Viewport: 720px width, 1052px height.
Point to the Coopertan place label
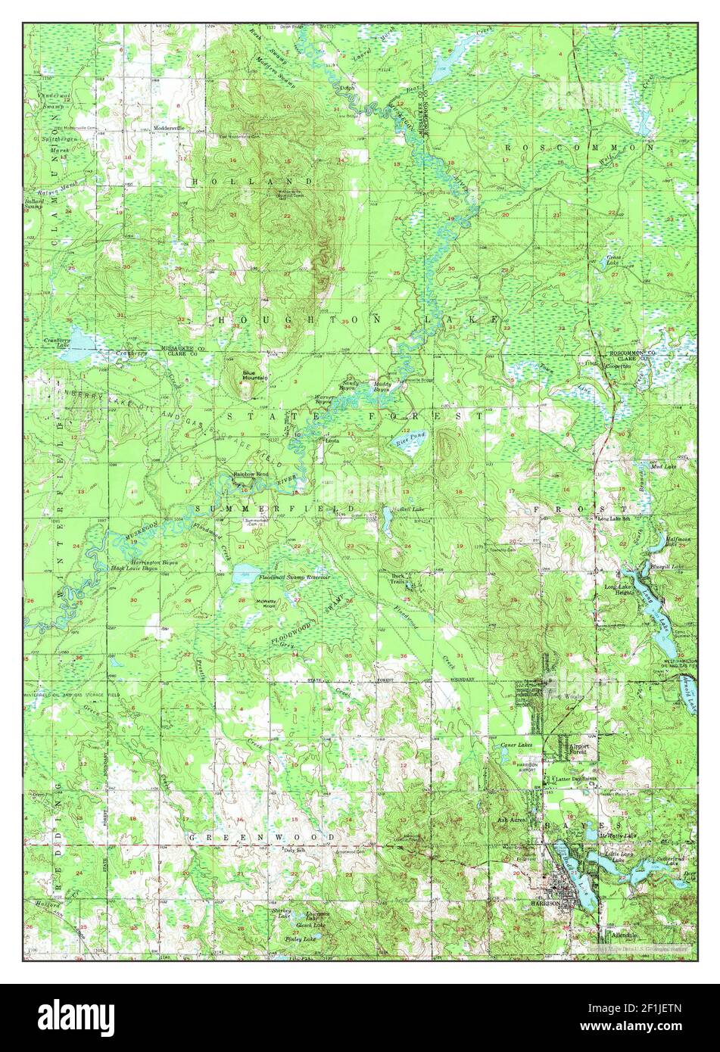point(619,366)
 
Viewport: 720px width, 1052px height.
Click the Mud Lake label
point(663,466)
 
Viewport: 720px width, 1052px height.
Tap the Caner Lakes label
point(516,745)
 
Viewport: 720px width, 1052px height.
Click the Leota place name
point(331,440)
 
